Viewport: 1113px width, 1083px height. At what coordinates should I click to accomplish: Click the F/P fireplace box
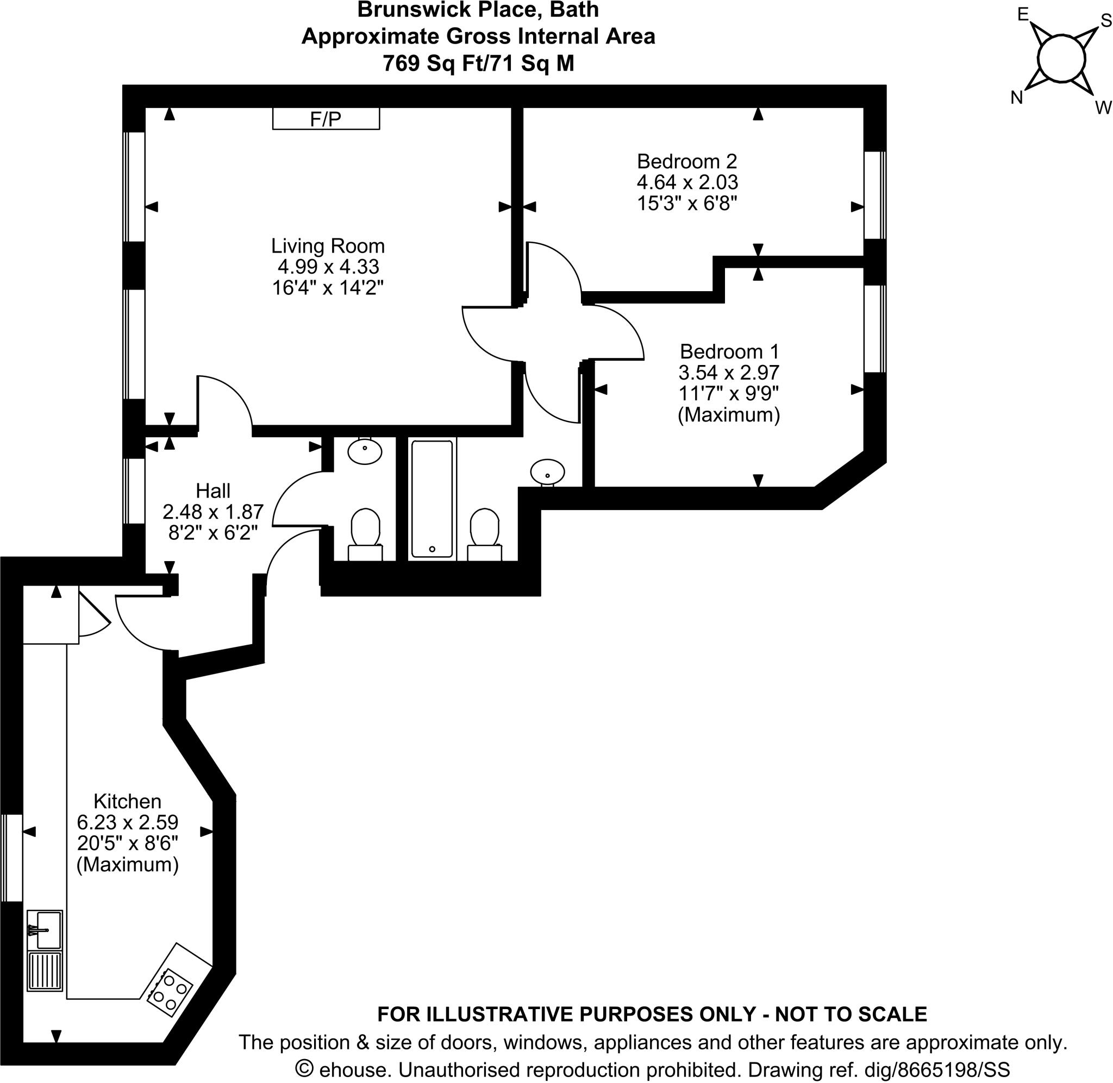click(x=326, y=119)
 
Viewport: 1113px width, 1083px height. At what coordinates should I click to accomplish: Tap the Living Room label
click(x=328, y=245)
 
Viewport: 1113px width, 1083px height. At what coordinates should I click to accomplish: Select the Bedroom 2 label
click(x=687, y=161)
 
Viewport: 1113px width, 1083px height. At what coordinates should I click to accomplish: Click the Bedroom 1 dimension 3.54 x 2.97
click(x=728, y=373)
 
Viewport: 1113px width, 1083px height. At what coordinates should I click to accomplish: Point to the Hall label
click(x=213, y=490)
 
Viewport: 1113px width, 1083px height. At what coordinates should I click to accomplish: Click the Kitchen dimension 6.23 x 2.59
click(x=128, y=822)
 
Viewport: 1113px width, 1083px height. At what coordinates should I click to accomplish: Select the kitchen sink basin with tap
click(x=45, y=930)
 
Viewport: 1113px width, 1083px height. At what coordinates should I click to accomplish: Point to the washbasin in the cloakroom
click(x=365, y=452)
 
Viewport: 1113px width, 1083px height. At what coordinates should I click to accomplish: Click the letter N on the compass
click(x=1017, y=98)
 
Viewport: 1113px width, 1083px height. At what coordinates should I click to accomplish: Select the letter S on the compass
click(x=1105, y=21)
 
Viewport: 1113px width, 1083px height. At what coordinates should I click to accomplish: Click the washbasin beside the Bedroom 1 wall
click(x=547, y=471)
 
